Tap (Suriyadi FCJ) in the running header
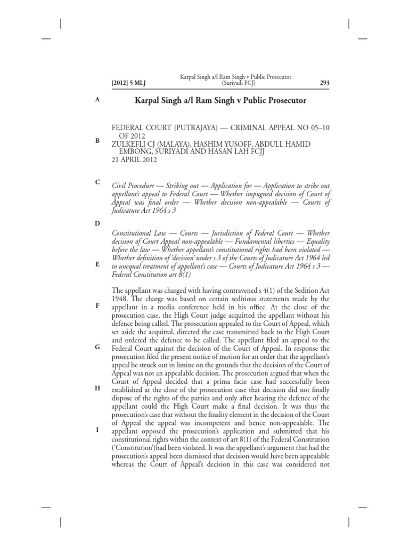238,83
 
